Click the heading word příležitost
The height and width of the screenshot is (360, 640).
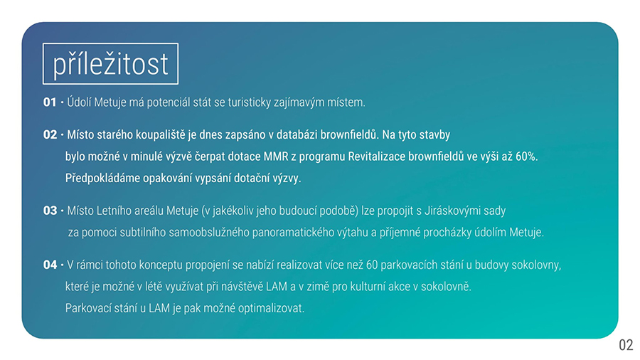pos(110,65)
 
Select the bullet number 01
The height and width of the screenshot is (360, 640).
pos(50,102)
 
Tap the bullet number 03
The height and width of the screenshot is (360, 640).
pos(50,211)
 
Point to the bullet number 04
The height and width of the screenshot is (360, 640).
pos(50,265)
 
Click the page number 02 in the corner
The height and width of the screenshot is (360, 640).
pos(626,345)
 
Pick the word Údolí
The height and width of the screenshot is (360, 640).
pos(79,102)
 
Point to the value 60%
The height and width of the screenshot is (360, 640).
pos(526,157)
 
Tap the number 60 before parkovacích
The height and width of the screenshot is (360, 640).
pos(372,265)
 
